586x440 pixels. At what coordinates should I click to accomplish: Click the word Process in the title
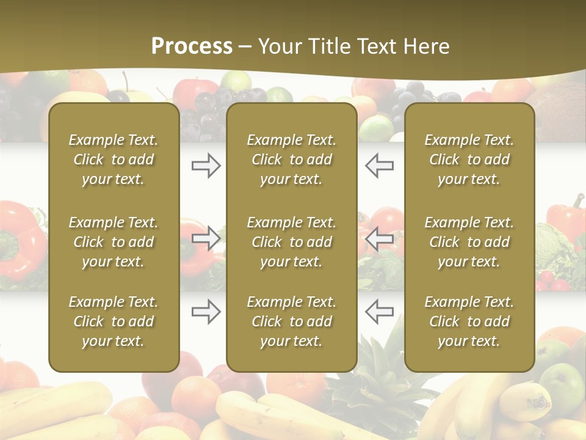(192, 46)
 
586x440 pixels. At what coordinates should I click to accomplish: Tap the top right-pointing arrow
(206, 165)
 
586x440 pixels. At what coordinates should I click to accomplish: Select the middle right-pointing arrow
(206, 238)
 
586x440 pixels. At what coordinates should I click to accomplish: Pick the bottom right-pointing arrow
(206, 312)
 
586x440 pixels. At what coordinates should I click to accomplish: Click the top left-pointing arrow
(379, 165)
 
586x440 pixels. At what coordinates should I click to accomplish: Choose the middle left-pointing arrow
(379, 238)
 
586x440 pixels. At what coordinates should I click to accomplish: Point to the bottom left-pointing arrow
(379, 312)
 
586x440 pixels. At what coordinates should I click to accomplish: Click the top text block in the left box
(114, 159)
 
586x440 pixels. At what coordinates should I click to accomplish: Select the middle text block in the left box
(114, 242)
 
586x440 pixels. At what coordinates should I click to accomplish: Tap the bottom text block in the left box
(114, 321)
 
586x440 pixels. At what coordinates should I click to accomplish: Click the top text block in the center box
(292, 159)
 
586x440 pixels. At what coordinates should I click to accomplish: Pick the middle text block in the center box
(292, 242)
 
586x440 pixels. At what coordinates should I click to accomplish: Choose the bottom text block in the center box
(292, 321)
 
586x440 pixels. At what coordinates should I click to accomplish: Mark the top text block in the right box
(469, 159)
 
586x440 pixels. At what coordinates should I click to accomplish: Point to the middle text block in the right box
(469, 242)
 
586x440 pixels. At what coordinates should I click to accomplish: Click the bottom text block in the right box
(469, 321)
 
